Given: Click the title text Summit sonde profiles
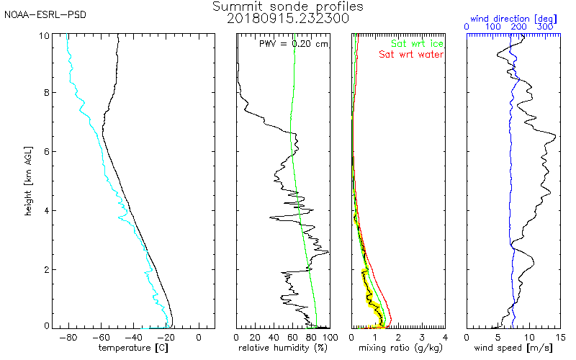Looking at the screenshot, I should pyautogui.click(x=288, y=6).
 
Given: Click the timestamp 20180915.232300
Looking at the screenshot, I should pyautogui.click(x=288, y=19).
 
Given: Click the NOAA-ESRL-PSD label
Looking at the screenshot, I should pyautogui.click(x=45, y=15).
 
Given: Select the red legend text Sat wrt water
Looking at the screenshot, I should pyautogui.click(x=411, y=54).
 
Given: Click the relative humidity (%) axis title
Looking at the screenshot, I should pyautogui.click(x=283, y=347).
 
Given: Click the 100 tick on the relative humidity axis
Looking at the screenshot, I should pyautogui.click(x=329, y=336).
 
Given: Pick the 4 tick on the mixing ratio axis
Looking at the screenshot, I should pyautogui.click(x=444, y=336).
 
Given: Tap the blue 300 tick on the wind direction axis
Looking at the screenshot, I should pyautogui.click(x=544, y=27).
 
